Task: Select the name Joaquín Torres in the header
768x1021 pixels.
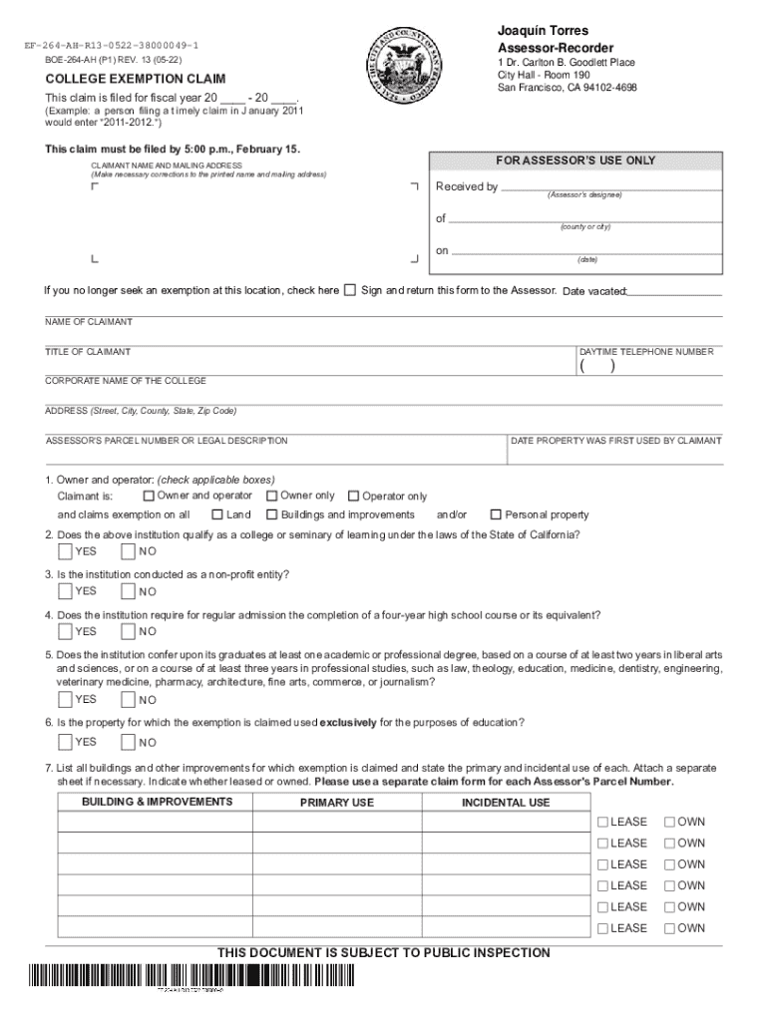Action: [543, 31]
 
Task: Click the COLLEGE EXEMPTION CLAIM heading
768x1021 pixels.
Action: [135, 79]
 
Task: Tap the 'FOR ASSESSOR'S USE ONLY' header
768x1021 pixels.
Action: [576, 161]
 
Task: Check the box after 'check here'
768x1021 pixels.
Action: [349, 291]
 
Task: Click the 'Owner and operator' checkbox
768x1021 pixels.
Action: [149, 496]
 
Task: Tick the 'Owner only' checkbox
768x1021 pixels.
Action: [271, 496]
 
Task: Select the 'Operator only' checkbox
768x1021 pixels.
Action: [353, 497]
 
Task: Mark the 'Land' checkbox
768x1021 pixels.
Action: [217, 514]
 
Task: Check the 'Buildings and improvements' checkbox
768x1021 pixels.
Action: [271, 514]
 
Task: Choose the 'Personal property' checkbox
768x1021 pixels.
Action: [496, 514]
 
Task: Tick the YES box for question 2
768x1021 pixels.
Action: [65, 550]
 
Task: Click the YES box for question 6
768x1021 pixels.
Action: [65, 741]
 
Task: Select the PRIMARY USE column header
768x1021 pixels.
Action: [337, 803]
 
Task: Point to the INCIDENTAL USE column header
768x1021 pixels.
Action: [505, 803]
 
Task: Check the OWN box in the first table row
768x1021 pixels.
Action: [670, 823]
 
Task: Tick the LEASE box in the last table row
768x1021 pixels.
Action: [602, 928]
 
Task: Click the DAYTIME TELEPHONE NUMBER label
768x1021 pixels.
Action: [645, 352]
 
